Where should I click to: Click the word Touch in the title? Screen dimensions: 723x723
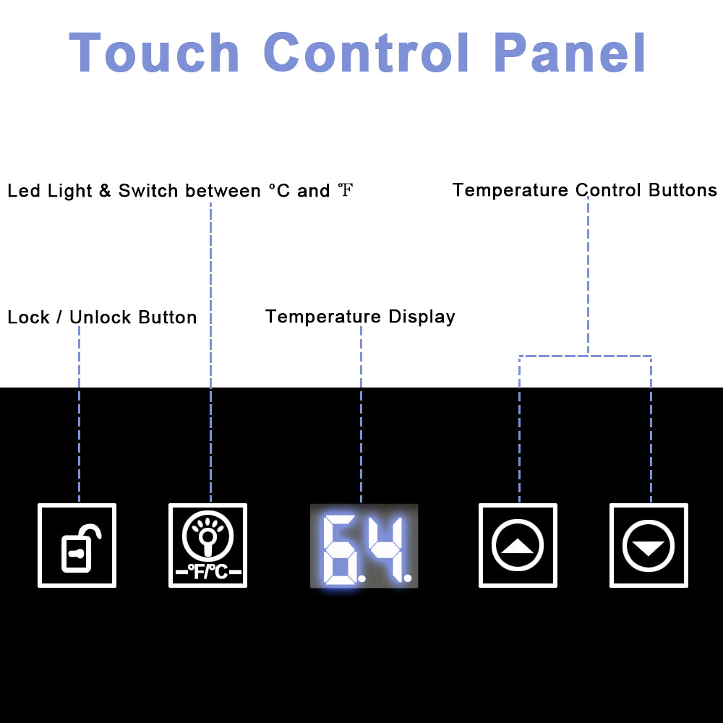154,52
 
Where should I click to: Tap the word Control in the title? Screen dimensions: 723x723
367,52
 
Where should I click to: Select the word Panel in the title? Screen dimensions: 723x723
570,52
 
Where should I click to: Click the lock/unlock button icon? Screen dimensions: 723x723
77,545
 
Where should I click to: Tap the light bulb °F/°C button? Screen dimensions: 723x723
208,545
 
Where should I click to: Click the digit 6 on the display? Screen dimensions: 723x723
340,549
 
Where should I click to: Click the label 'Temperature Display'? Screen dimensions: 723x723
360,317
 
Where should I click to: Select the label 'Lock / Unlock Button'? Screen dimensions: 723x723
103,317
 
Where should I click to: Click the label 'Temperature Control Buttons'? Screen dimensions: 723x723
585,190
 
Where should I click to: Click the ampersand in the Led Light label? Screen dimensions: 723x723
105,190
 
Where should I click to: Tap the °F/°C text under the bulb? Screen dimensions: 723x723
208,572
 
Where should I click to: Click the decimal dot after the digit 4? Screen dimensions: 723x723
408,577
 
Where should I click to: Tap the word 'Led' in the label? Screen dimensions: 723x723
24,190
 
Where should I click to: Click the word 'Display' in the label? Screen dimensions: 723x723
422,317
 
